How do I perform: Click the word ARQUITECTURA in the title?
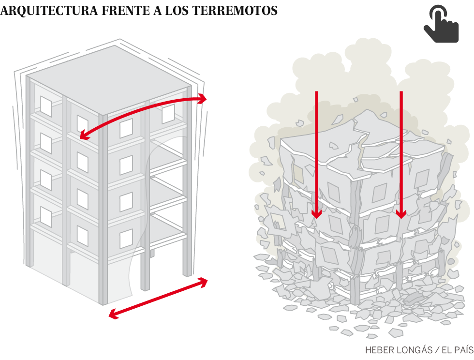click(49, 11)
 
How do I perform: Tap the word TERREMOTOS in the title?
click(235, 11)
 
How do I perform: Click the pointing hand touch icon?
click(441, 24)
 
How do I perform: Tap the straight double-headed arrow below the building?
click(158, 298)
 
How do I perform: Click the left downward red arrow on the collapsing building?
click(316, 154)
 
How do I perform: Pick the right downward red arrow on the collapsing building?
click(401, 154)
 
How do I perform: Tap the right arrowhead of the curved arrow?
click(203, 99)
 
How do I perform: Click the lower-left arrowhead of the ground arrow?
click(113, 315)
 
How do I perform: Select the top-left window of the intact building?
click(46, 106)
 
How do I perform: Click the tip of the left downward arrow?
click(316, 218)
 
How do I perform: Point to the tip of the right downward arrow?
click(401, 218)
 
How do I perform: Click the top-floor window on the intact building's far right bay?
click(168, 114)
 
